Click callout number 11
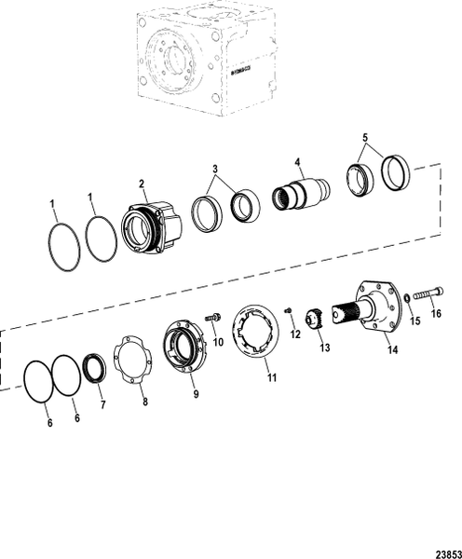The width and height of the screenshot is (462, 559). click(x=270, y=377)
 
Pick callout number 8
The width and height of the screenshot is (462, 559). click(x=144, y=402)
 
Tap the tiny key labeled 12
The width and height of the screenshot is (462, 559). click(x=290, y=310)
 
